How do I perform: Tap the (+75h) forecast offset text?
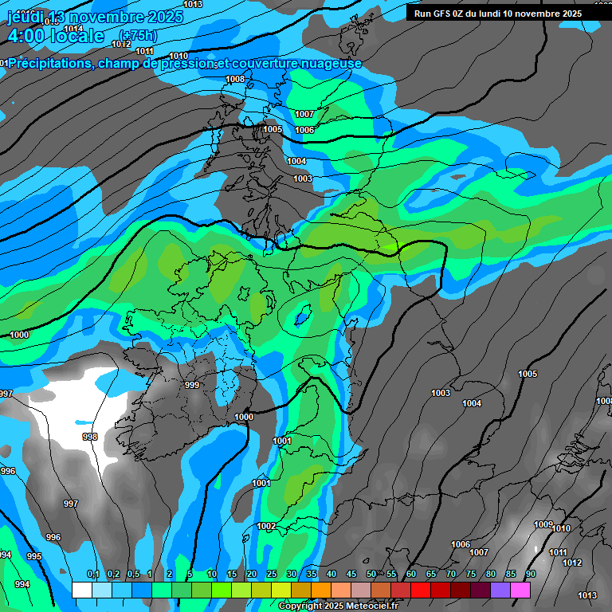tap(138, 35)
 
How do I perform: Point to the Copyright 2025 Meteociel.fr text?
tap(338, 606)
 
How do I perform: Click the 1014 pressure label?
tap(73, 29)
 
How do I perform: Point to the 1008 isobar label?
tap(235, 79)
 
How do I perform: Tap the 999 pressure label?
tap(192, 385)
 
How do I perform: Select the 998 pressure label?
tap(90, 437)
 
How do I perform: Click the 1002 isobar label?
tap(266, 526)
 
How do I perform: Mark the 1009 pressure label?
tap(543, 524)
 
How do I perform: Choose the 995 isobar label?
tap(34, 556)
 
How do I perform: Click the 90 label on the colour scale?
tap(530, 575)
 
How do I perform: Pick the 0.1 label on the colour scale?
tap(92, 575)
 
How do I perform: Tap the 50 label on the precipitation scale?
tap(371, 575)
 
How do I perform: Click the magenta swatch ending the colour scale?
tap(520, 590)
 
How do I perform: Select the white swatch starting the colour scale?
tap(81, 590)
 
